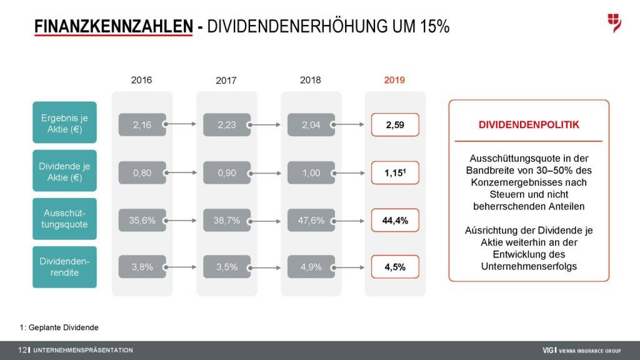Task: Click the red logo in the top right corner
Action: [x=614, y=23]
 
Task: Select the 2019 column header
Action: [x=394, y=80]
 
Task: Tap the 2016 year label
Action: [x=141, y=80]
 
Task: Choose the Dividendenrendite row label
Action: [x=64, y=267]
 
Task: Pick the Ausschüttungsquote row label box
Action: [x=64, y=219]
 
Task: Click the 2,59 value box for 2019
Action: [x=395, y=125]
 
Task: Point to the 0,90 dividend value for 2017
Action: [x=226, y=172]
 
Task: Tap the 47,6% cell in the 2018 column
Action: [x=311, y=220]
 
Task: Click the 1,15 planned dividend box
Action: [x=395, y=172]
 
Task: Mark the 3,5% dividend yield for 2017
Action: [x=226, y=267]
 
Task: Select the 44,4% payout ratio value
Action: [x=395, y=220]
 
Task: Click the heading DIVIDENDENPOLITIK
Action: [x=529, y=125]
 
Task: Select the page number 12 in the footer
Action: [x=22, y=350]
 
